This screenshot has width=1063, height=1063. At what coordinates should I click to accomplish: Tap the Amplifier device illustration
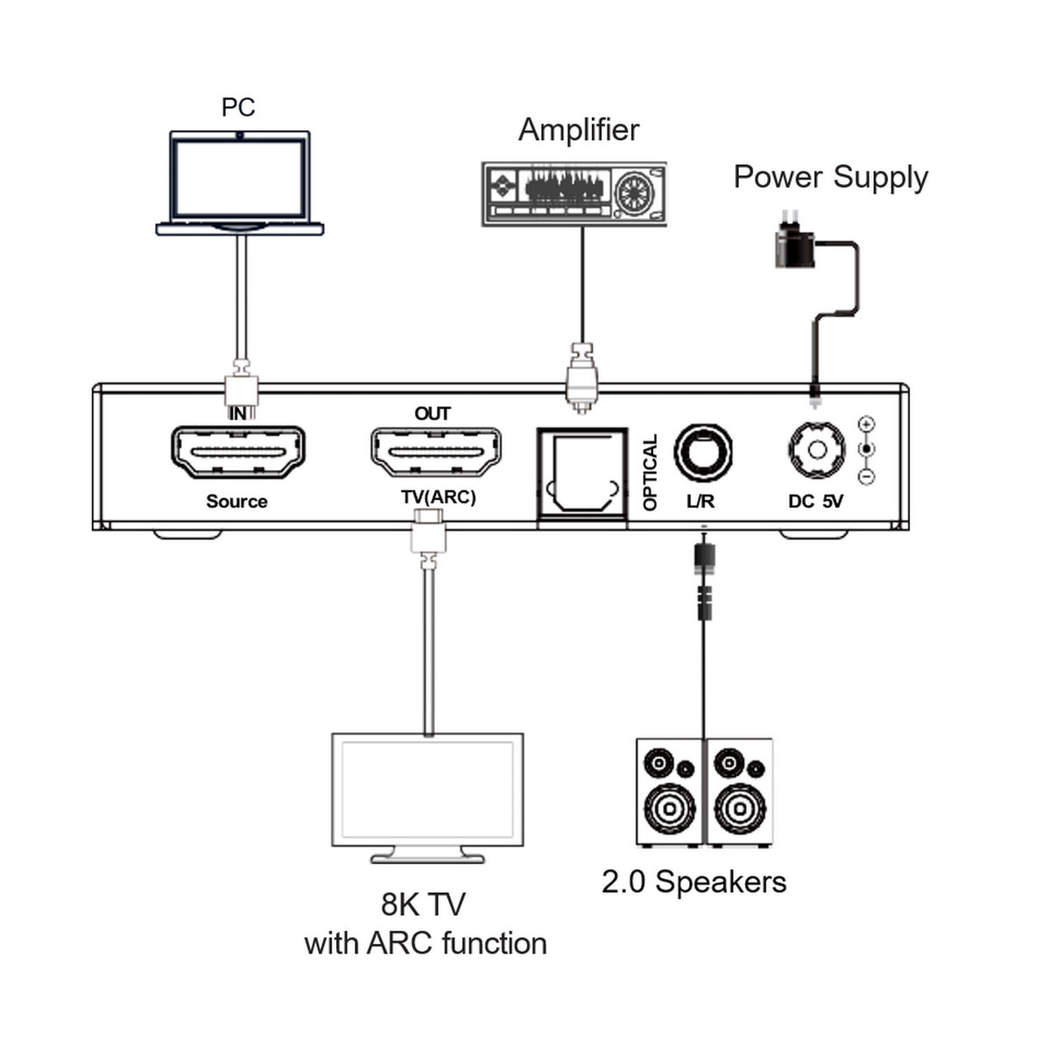[x=574, y=194]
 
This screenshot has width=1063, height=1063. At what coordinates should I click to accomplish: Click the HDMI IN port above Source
[x=237, y=452]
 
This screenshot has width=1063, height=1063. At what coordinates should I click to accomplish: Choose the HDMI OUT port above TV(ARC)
[x=436, y=452]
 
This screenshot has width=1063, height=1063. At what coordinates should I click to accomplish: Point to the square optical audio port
[x=582, y=476]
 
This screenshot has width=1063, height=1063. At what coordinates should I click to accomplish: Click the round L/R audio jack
[x=702, y=453]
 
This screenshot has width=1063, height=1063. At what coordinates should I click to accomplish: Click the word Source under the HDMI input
[x=236, y=502]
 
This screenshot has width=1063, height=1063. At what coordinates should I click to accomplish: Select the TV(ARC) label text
[x=438, y=497]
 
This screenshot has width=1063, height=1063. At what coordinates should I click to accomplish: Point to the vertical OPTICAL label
[x=650, y=473]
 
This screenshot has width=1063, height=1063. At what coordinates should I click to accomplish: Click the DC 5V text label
[x=815, y=502]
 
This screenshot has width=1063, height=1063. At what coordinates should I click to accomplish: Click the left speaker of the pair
[x=670, y=792]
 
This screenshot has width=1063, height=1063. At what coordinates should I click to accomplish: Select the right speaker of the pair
[x=739, y=792]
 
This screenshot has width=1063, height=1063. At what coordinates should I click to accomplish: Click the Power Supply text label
[x=830, y=177]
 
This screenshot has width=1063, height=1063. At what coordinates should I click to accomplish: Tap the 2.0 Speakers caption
[x=693, y=882]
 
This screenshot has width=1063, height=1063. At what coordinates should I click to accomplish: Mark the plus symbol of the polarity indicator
[x=867, y=425]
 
